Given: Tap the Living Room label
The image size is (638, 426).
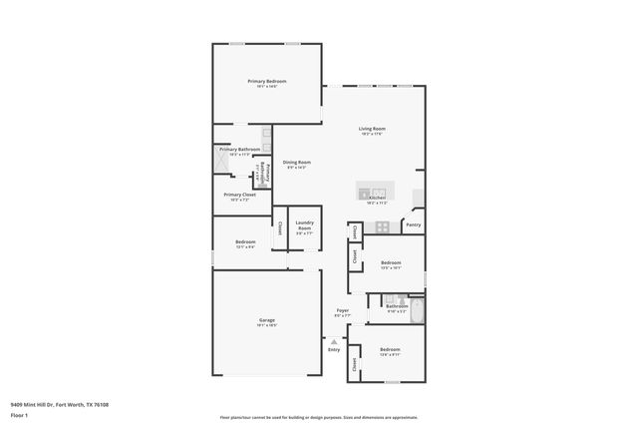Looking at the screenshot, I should click(372, 129).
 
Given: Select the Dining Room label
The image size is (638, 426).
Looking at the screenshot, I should click(296, 163).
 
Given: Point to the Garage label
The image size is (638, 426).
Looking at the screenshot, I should click(267, 320).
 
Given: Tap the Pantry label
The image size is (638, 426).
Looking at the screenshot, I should click(414, 225).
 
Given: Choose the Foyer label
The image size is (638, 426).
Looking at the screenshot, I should click(342, 311).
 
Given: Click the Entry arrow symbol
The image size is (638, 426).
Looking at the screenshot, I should click(334, 341).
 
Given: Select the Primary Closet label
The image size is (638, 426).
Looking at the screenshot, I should click(239, 195).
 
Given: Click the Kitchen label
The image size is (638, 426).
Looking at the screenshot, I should click(377, 198).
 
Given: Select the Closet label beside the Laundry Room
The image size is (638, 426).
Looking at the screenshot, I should click(280, 227).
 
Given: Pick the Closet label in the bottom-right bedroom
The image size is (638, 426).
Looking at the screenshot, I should click(356, 365).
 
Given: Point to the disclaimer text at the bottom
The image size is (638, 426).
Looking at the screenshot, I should click(318, 418).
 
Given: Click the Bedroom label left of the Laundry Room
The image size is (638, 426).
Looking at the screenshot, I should click(245, 242).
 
